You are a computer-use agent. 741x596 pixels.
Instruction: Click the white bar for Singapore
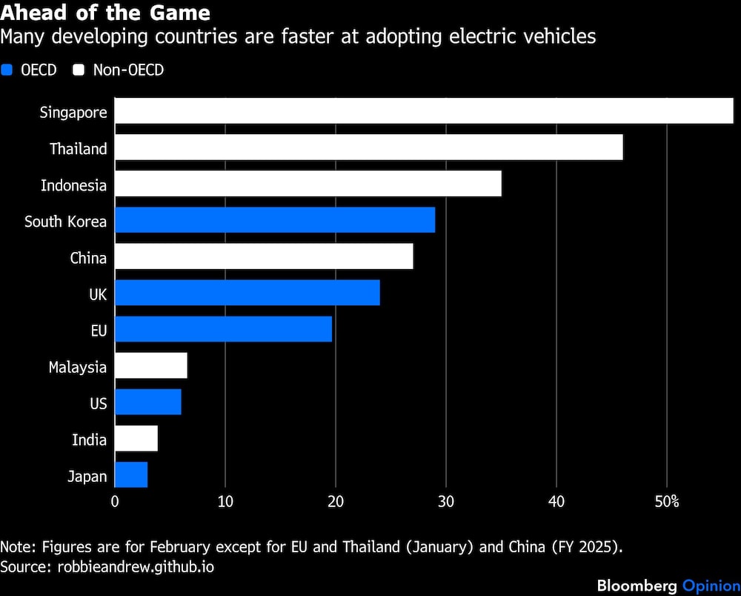pos(424,112)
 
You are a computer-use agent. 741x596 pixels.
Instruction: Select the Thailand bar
pos(368,148)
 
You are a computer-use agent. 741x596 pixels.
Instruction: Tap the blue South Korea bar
pos(275,221)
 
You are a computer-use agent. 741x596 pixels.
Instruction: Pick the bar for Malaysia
pos(151,366)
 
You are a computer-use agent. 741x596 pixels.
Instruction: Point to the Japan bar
pos(131,475)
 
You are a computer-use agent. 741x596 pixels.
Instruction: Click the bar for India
pos(136,439)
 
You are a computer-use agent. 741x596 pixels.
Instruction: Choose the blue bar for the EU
pos(223,330)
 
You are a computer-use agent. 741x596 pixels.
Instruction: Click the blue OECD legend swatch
pos(7,70)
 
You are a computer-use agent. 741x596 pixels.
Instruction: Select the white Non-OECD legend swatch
pos(78,70)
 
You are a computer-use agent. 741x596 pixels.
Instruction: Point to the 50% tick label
pos(667,502)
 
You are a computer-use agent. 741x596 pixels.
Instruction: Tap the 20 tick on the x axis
pos(336,502)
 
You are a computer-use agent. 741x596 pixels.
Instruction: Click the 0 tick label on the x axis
pos(115,502)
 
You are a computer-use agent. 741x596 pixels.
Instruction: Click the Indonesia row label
pos(73,185)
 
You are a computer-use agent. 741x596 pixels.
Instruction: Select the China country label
pos(88,258)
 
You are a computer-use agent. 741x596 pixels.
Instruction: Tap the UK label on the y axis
pos(97,294)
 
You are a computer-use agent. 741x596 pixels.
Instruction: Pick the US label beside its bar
pos(98,403)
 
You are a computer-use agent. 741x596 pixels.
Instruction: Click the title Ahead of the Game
pos(105,13)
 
